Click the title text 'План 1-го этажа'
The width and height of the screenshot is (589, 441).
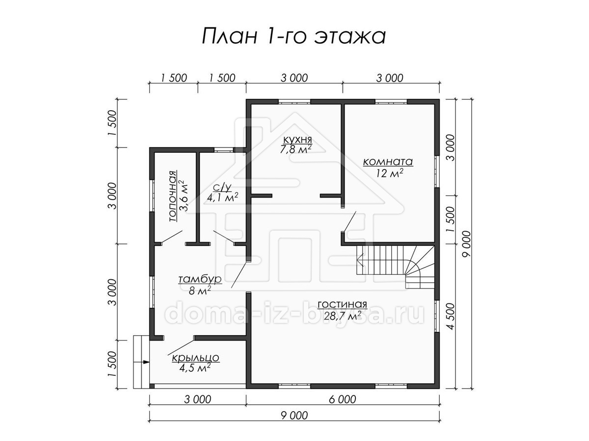pos(294,37)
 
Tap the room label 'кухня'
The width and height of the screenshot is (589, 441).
pos(297,140)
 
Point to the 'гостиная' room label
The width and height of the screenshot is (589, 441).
pos(343,305)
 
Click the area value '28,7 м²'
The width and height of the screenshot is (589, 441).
pos(342,316)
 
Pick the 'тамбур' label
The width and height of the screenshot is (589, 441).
pos(200,279)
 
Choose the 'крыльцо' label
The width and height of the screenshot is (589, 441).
pos(195,358)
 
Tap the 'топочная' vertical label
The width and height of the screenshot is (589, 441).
pos(173,196)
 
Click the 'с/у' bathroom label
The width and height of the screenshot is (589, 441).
pos(222,188)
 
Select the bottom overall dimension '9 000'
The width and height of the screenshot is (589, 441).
pos(294,416)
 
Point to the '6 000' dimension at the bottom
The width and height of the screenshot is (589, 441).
pos(343,399)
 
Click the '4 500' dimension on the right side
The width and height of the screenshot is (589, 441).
pos(451,316)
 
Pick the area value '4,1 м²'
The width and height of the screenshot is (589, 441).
pos(222,197)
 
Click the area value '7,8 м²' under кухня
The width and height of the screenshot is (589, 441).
pos(295,149)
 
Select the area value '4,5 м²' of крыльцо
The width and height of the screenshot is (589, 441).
pos(195,367)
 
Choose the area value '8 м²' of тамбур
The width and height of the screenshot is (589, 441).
pos(200,290)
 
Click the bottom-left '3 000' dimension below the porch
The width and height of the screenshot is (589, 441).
pos(198,399)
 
